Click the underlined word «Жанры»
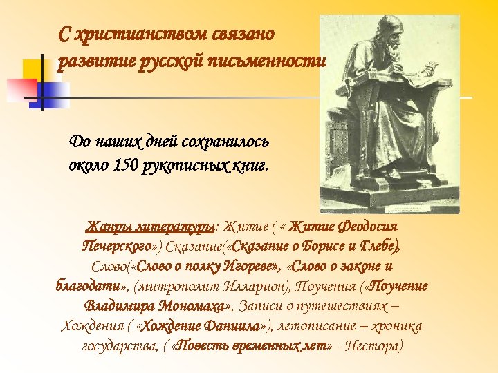107,227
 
